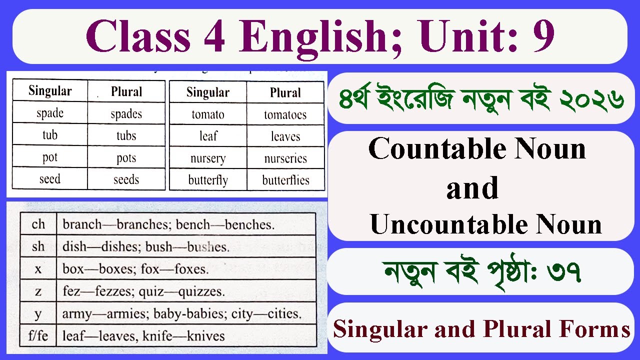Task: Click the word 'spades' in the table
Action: (x=126, y=113)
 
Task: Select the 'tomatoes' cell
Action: (x=285, y=115)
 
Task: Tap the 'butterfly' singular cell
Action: (x=208, y=180)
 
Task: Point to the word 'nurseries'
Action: (x=285, y=158)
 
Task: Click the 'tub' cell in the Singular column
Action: (x=50, y=135)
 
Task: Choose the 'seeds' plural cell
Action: (x=126, y=179)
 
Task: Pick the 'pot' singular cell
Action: (x=50, y=157)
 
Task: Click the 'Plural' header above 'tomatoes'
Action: (x=285, y=92)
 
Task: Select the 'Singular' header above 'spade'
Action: (x=50, y=91)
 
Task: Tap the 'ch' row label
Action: (x=38, y=224)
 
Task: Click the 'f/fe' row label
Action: (x=38, y=335)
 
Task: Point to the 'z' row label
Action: (x=38, y=291)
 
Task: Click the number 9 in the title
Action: (x=543, y=37)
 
